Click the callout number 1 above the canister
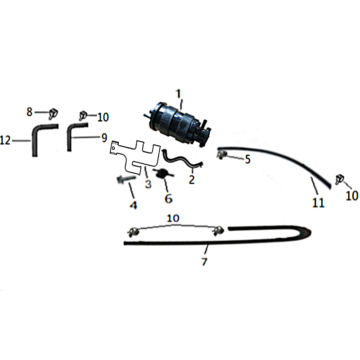pos(178,94)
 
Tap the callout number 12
pos(5,140)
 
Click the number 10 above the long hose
pos(173,218)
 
